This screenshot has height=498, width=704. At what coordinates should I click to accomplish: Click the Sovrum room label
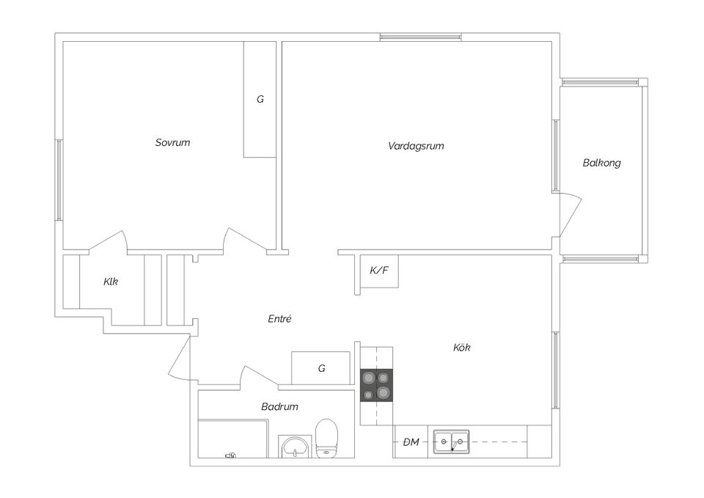172,142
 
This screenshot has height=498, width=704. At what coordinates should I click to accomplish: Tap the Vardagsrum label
416,146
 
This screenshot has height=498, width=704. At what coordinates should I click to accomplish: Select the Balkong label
601,163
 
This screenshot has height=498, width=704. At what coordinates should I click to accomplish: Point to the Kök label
461,347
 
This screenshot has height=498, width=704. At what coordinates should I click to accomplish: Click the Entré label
279,318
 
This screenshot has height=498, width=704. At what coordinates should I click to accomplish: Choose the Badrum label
279,406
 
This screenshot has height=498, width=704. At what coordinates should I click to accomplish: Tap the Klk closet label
111,281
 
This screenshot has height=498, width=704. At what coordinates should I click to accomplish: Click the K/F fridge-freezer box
379,271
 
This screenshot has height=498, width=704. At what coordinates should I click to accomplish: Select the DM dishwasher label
411,442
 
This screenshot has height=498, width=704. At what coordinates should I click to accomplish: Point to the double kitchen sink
451,442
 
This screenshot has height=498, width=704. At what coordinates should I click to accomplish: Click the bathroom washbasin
296,445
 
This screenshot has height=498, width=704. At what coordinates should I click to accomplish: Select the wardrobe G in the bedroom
260,99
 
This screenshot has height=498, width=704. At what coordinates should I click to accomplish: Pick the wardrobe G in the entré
321,368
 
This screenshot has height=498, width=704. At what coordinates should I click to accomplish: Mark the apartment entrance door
179,359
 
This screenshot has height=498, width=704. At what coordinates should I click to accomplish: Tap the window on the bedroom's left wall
59,180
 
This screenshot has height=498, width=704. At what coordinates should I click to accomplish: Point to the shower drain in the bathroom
230,455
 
